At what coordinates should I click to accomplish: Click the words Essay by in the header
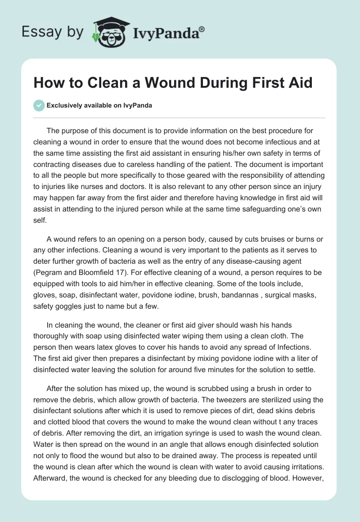pos(53,31)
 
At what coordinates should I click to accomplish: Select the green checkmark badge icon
pos(39,105)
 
